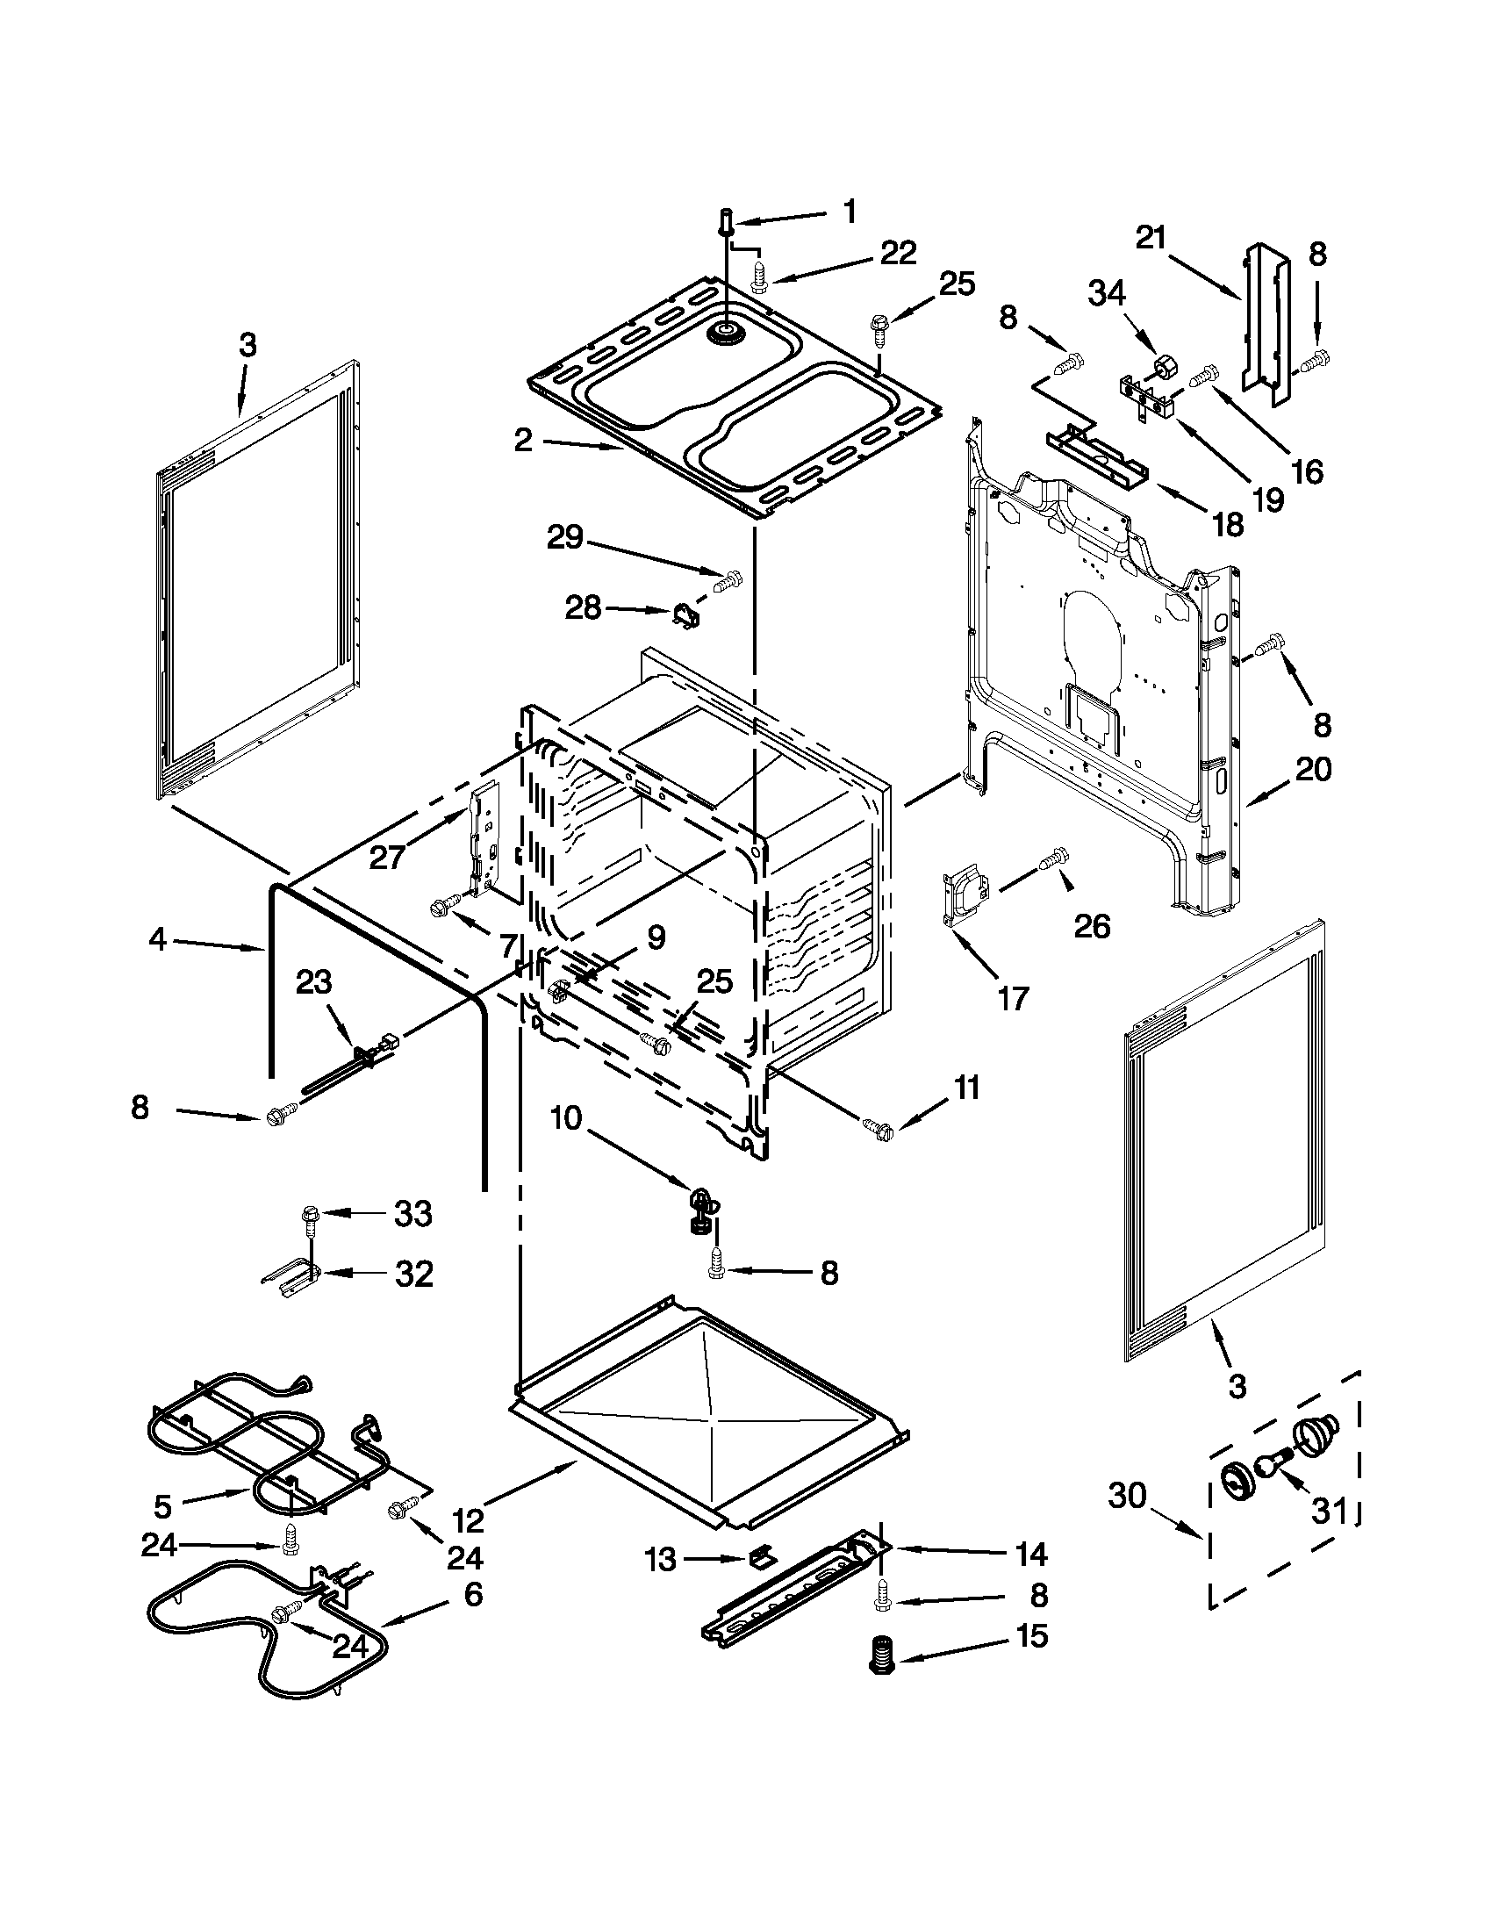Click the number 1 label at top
[x=850, y=212]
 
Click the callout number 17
[x=1014, y=999]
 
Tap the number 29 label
[x=565, y=537]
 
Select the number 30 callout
[x=1127, y=1496]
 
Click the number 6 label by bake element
[x=473, y=1594]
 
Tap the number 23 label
[x=314, y=981]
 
